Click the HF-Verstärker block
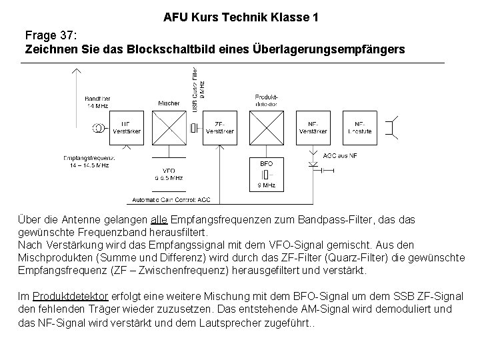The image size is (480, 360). pyautogui.click(x=122, y=128)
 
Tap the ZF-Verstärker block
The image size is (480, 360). pyautogui.click(x=219, y=128)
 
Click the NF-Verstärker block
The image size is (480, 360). pyautogui.click(x=313, y=128)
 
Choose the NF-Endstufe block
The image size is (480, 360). pyautogui.click(x=359, y=128)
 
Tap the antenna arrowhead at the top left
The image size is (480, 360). pyautogui.click(x=77, y=69)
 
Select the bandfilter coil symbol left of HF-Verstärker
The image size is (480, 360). pyautogui.click(x=97, y=128)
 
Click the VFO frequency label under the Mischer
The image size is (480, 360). pyautogui.click(x=168, y=174)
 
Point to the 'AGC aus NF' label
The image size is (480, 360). pyautogui.click(x=339, y=155)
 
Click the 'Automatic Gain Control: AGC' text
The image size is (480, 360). pyautogui.click(x=171, y=199)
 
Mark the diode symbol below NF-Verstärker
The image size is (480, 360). pyautogui.click(x=313, y=163)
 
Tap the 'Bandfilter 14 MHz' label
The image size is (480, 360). pyautogui.click(x=97, y=101)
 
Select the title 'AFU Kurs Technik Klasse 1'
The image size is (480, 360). pyautogui.click(x=240, y=16)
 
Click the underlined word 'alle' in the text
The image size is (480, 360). pyautogui.click(x=159, y=219)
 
